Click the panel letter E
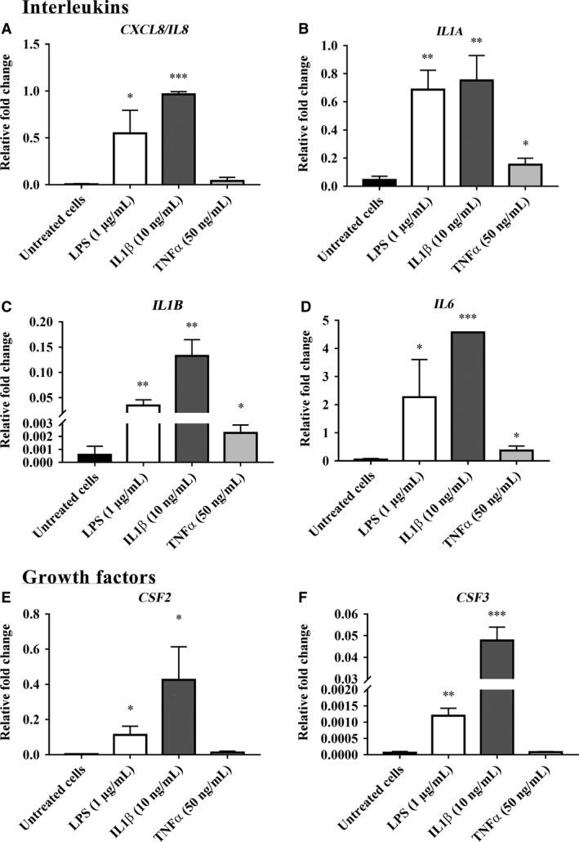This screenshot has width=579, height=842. [7, 595]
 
